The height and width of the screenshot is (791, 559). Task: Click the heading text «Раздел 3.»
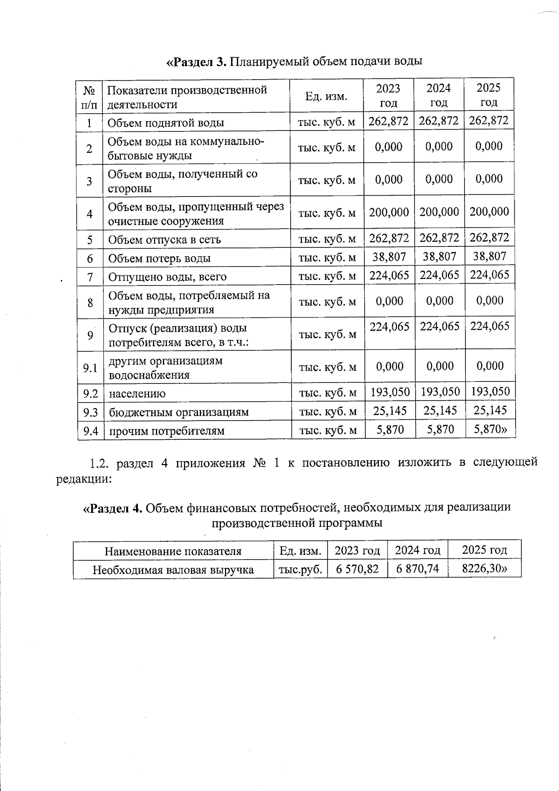(197, 61)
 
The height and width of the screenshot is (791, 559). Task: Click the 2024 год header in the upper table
(439, 95)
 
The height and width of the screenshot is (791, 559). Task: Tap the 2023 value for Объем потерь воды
(389, 257)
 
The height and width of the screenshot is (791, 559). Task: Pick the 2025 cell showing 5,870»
(491, 430)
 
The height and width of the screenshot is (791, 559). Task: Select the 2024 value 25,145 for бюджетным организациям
(440, 411)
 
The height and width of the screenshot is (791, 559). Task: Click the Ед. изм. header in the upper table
(326, 96)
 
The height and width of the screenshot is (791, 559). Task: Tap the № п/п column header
(89, 96)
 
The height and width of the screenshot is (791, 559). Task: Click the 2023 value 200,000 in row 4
(389, 212)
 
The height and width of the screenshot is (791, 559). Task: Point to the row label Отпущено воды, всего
(167, 277)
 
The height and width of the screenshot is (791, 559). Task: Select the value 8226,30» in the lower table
(484, 569)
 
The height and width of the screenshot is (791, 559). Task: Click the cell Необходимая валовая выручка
(173, 570)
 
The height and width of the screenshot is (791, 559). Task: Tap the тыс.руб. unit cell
(300, 569)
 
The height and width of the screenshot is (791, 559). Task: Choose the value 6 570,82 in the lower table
(357, 569)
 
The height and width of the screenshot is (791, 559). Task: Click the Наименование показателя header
(173, 552)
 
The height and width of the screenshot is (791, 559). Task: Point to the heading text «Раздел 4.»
(113, 507)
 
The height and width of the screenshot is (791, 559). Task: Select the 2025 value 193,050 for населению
(491, 392)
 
